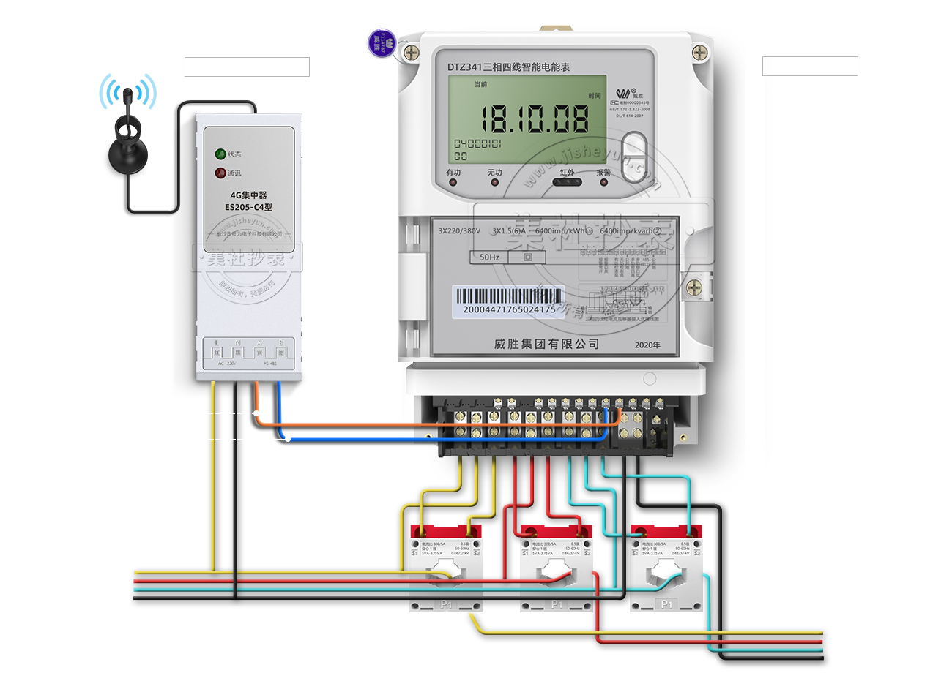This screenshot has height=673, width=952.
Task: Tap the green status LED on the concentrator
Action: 220,154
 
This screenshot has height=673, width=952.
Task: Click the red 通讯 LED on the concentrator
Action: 220,173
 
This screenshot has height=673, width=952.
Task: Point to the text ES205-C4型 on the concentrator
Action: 248,207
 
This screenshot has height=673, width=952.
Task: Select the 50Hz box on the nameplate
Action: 489,257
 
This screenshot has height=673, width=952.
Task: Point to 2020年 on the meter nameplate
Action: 647,345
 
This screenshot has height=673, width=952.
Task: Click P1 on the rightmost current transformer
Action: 666,604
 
